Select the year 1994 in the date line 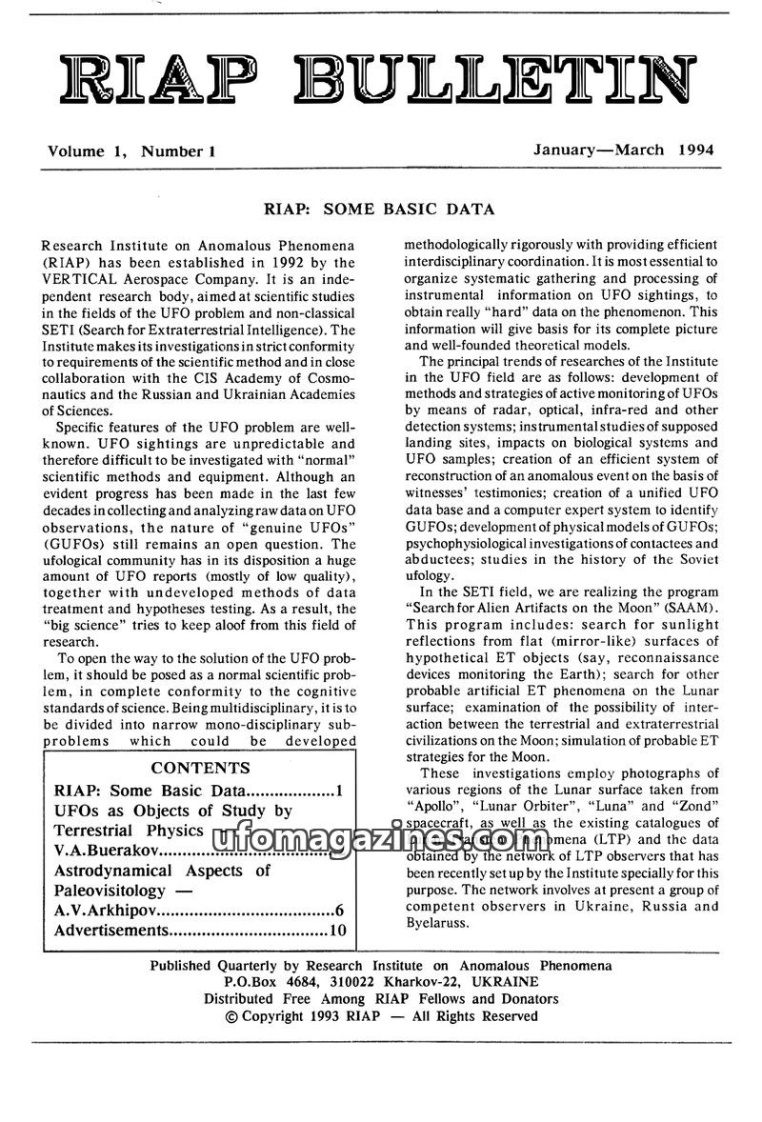tap(696, 150)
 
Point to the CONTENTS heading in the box tap(201, 768)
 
